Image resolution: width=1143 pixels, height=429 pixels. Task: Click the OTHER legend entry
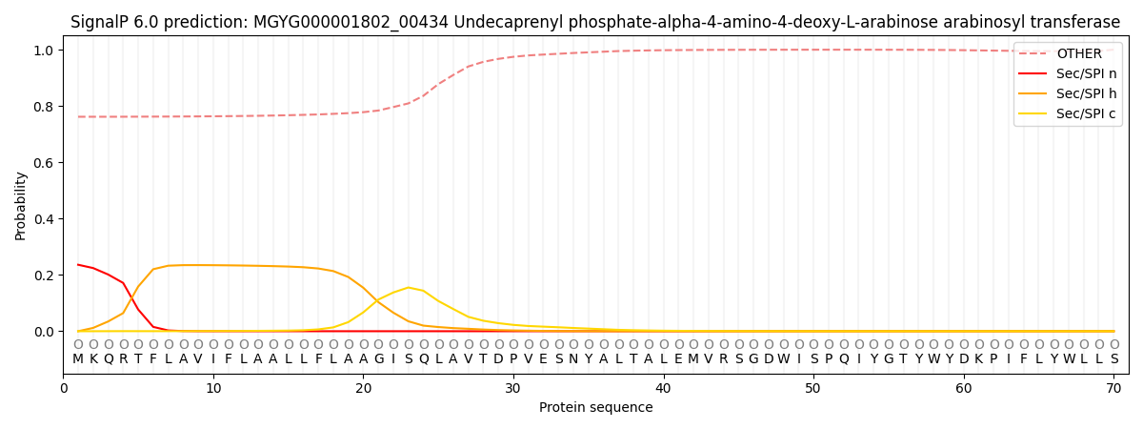[x=1078, y=54]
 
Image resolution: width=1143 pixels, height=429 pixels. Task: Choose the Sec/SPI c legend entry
[x=1087, y=114]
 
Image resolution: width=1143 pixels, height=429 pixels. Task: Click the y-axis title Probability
[x=21, y=205]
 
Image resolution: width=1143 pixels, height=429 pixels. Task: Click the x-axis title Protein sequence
[x=596, y=408]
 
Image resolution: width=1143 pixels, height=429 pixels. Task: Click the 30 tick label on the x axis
[x=513, y=389]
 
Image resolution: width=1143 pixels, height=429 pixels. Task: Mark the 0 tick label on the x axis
[x=64, y=389]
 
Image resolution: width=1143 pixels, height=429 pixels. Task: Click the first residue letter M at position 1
[x=78, y=359]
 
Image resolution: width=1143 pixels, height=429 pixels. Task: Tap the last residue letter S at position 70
[x=1113, y=359]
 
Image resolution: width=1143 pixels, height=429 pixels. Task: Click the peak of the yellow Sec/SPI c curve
[x=408, y=287]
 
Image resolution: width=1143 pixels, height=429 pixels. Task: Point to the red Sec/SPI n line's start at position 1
[x=78, y=265]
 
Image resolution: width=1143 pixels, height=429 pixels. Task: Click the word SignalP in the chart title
[x=101, y=22]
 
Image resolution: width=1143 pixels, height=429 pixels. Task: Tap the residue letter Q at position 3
[x=109, y=359]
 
